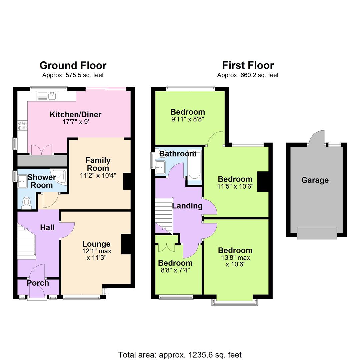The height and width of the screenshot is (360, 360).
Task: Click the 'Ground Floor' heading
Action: (73, 65)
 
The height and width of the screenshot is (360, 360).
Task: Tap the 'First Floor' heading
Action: (248, 65)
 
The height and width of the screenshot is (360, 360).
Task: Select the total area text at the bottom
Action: (180, 355)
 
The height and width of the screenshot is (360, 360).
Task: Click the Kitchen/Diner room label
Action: (75, 115)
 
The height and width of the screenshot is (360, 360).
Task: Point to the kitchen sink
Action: (52, 96)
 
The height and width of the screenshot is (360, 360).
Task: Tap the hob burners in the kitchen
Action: (22, 126)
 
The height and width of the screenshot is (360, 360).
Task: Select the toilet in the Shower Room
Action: (26, 202)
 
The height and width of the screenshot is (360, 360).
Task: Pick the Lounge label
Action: (96, 244)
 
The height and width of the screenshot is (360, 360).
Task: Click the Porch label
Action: (38, 283)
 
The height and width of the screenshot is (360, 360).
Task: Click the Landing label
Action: (187, 206)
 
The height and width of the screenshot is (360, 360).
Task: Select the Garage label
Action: (315, 180)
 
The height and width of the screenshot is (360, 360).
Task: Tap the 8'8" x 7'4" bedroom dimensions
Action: (175, 270)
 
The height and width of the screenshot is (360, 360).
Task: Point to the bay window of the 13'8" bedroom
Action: (235, 301)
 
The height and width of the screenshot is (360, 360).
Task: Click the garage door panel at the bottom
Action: (317, 233)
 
